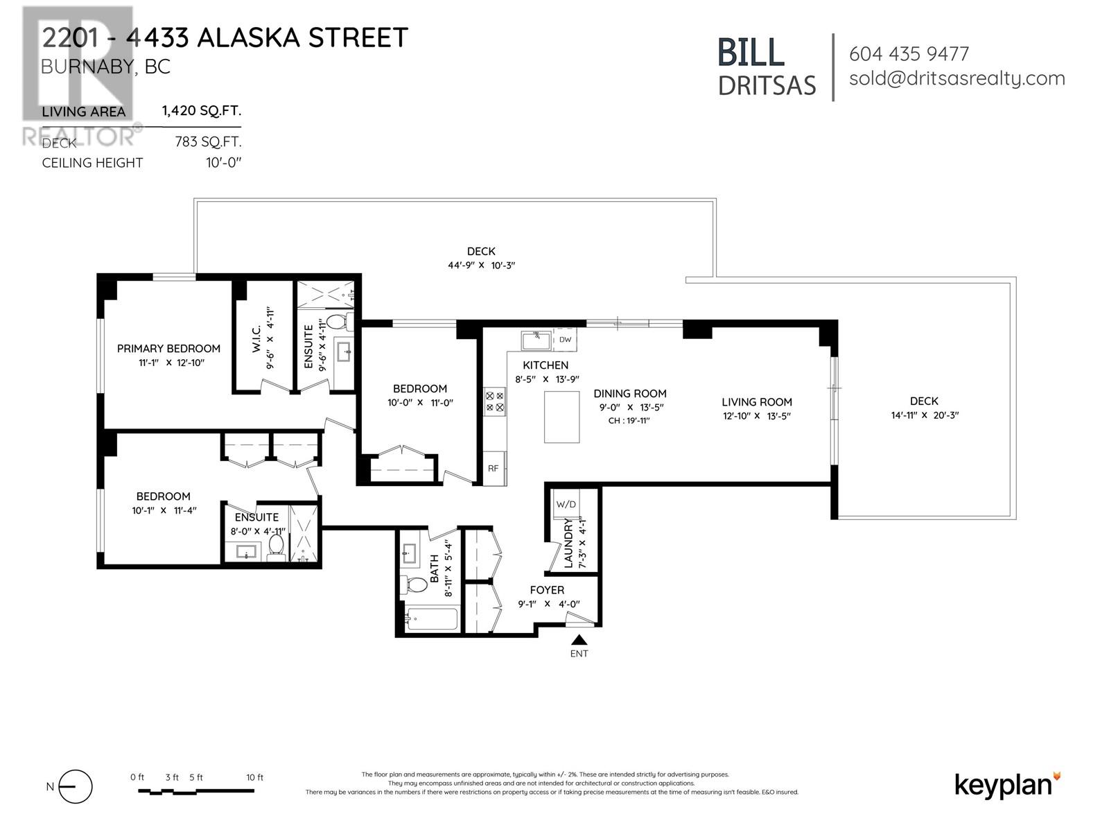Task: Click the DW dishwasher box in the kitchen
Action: [565, 340]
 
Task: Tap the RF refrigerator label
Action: [493, 468]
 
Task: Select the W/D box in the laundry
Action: [566, 504]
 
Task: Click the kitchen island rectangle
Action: [561, 417]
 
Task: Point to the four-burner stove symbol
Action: [495, 401]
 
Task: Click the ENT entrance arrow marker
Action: [579, 641]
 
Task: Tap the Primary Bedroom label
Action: [168, 349]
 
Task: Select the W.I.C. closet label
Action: [256, 340]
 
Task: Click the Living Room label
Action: [756, 402]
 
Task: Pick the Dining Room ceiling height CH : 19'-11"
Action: [629, 421]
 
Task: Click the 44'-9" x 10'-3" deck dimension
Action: [481, 266]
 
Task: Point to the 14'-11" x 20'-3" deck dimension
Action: [925, 416]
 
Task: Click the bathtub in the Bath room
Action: [431, 618]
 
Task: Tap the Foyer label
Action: [547, 590]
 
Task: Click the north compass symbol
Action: [75, 787]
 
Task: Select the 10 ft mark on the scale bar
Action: [254, 778]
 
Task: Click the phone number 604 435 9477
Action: [909, 54]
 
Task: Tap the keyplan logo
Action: [1007, 785]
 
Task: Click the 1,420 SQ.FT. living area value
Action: [202, 111]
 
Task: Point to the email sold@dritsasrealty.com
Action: [957, 78]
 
